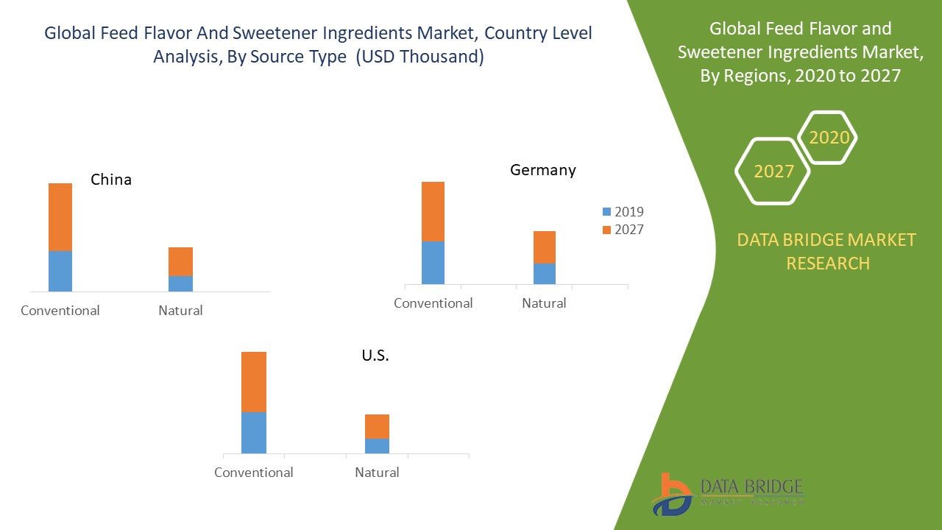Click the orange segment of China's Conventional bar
tap(60, 217)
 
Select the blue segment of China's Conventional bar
tap(60, 271)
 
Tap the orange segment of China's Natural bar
tap(180, 261)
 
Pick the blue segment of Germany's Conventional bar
tap(433, 262)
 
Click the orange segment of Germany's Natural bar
tap(545, 247)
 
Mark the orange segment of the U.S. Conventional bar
tap(254, 381)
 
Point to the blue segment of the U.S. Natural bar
tap(377, 445)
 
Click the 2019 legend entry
tap(623, 212)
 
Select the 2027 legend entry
tap(623, 230)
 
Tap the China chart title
tap(111, 180)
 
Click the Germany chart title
tap(543, 170)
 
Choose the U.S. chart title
tap(375, 356)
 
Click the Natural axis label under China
tap(180, 311)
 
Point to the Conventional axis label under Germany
tap(433, 303)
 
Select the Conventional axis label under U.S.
tap(254, 473)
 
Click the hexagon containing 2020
tap(829, 138)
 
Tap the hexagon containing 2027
tap(773, 172)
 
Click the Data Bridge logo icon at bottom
tap(671, 494)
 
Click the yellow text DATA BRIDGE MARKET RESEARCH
tap(828, 251)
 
